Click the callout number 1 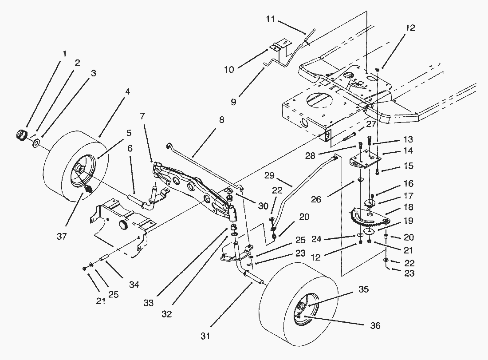click(x=65, y=54)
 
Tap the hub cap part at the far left click(x=20, y=134)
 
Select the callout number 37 click(x=62, y=236)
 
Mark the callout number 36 click(x=376, y=326)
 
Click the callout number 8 click(x=220, y=120)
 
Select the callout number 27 click(x=371, y=124)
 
